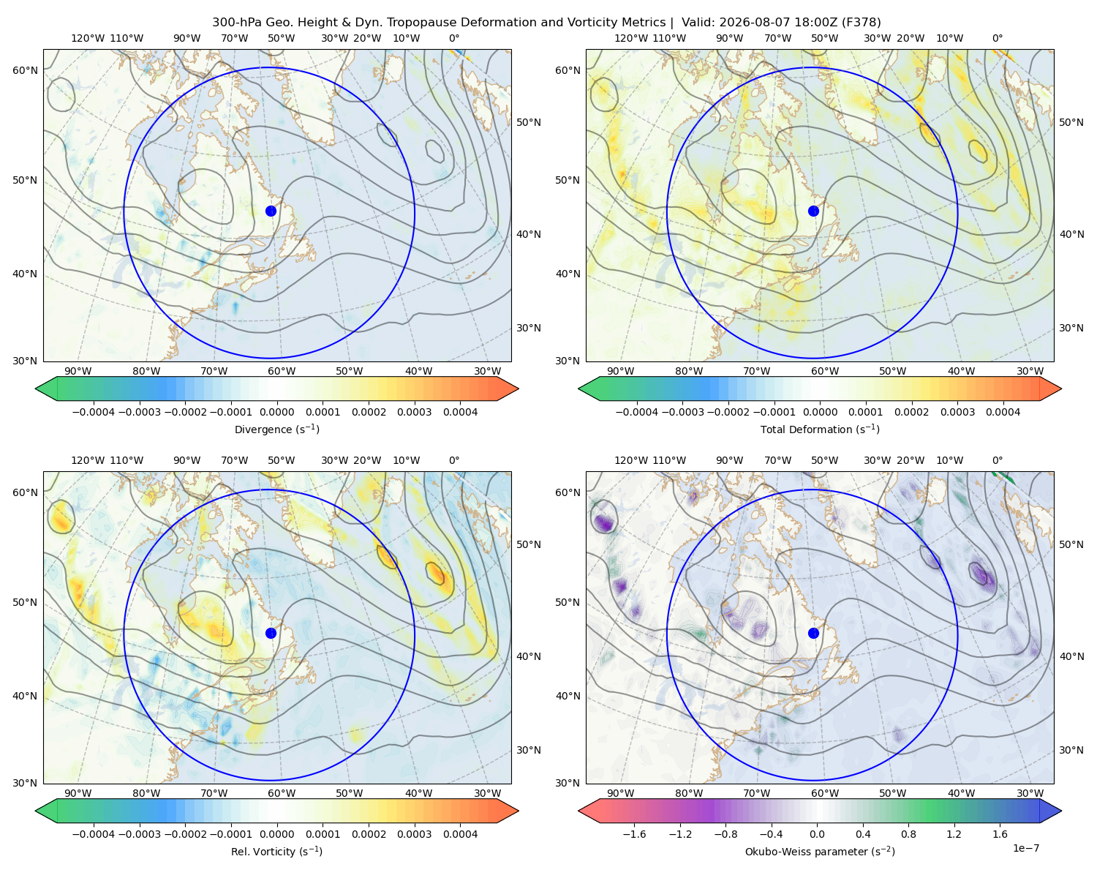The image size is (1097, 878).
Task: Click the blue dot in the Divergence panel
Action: pos(271,211)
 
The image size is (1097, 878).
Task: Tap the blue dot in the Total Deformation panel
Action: pos(813,211)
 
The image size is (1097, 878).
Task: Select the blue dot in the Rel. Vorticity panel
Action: pos(271,633)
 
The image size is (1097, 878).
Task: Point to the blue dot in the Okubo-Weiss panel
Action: pos(813,633)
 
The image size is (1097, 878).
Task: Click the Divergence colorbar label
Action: pos(276,429)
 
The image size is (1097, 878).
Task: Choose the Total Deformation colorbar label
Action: pos(820,429)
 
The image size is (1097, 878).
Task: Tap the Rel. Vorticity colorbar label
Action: pos(276,851)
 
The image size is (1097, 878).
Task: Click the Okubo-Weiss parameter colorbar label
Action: pos(820,851)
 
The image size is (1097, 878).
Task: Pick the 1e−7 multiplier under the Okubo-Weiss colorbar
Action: pos(1025,848)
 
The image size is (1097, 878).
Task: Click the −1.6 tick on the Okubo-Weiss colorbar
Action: pos(634,834)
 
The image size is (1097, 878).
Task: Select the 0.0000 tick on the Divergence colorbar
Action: pos(276,412)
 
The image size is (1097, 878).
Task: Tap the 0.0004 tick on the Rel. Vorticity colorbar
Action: pos(460,834)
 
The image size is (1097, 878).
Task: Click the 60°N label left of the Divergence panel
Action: pos(25,70)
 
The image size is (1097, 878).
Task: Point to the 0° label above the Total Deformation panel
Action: pos(997,38)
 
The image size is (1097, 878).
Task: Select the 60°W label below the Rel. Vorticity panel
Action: pos(282,793)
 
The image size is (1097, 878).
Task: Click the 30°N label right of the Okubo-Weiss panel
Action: pos(1071,750)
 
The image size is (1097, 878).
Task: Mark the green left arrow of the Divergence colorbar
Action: pos(46,389)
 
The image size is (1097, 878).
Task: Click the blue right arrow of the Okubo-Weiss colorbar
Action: pos(1051,811)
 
